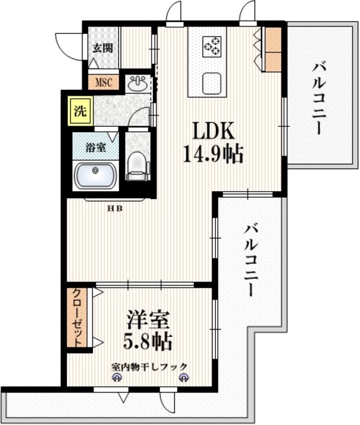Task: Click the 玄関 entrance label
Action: coord(102,48)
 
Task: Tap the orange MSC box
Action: coord(104,83)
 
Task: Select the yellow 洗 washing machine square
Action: coord(79,112)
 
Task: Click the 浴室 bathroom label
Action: coord(96,147)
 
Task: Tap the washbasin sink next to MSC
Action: coord(139,84)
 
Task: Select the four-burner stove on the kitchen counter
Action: coord(213,45)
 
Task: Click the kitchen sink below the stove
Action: coord(213,83)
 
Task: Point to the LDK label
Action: coord(213,129)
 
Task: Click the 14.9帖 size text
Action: coord(213,155)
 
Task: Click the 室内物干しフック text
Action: coord(149,366)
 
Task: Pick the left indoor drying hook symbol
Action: coord(118,379)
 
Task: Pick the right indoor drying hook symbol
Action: coord(183,379)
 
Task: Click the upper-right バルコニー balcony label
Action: coord(318,96)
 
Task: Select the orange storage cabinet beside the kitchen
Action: coord(273,49)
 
